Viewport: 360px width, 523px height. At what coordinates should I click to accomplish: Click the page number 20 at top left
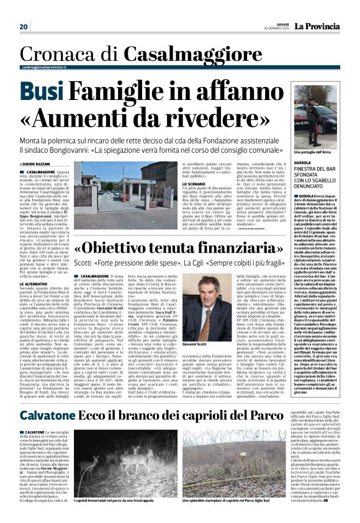click(24, 27)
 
